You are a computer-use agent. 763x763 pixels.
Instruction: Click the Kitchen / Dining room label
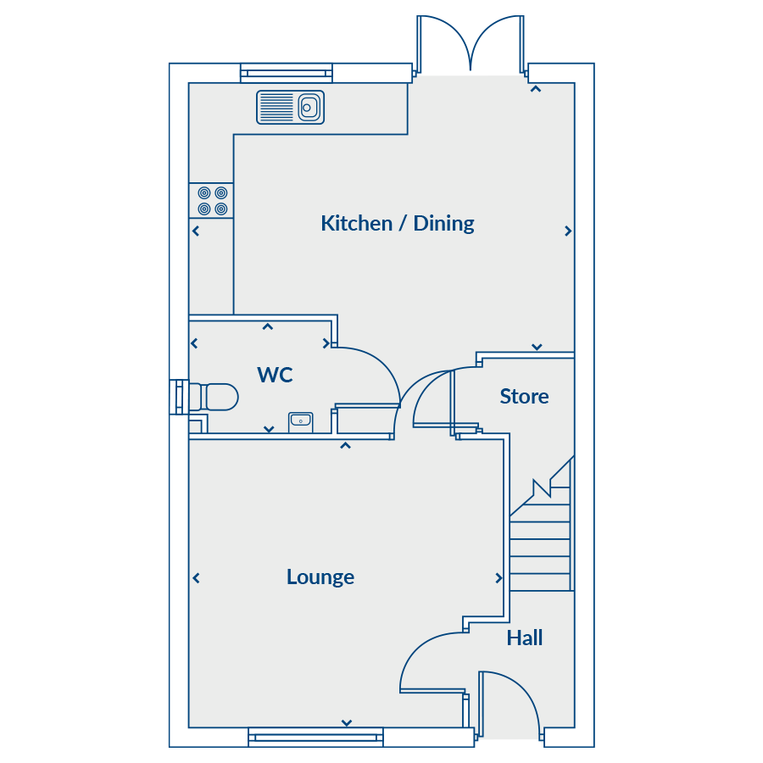pos(397,224)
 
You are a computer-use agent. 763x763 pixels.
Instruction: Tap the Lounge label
pos(320,577)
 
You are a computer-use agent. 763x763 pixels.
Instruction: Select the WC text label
pos(275,375)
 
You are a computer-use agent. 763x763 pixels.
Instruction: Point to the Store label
pos(524,397)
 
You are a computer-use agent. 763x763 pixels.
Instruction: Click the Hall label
pos(525,638)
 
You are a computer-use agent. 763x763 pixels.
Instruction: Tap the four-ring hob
pos(212,200)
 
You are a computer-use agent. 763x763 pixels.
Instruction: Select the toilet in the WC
pos(213,397)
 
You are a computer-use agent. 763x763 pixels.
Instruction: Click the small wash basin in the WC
pos(301,422)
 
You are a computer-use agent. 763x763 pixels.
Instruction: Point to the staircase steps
pos(541,539)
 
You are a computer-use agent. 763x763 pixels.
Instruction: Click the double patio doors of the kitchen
pos(471,45)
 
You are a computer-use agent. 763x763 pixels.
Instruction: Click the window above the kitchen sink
pos(287,73)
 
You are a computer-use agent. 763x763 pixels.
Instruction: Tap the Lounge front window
pos(316,738)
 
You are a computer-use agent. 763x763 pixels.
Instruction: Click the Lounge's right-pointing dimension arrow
pos(498,578)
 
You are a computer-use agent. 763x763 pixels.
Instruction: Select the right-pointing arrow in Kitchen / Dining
pos(568,231)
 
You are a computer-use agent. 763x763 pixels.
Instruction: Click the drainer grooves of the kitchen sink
pos(277,107)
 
